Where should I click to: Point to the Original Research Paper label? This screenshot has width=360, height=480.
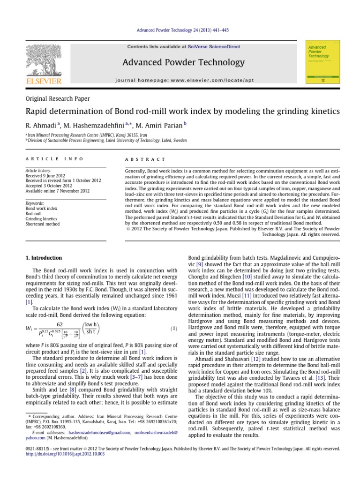[57, 98]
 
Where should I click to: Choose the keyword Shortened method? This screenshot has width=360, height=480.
[43, 225]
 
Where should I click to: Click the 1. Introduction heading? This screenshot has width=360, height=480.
[43, 258]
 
